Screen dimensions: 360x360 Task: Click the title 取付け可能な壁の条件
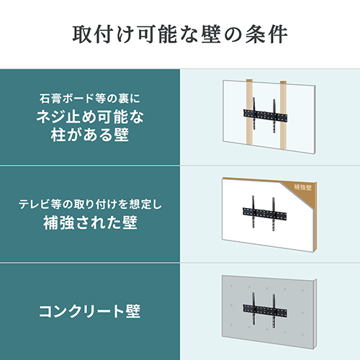(180, 34)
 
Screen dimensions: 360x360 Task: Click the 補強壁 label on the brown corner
(305, 186)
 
